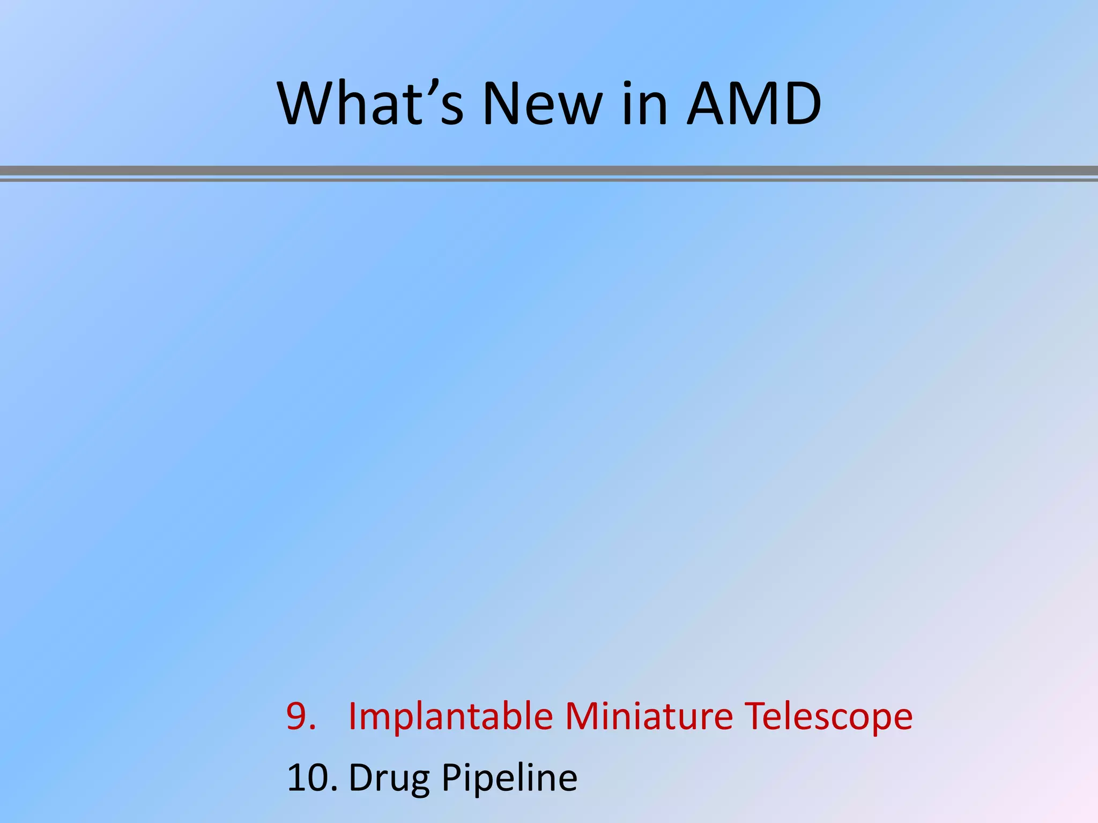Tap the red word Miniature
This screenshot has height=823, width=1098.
[x=649, y=716]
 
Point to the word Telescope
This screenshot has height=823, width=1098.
[x=828, y=716]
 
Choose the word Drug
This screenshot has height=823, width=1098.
[x=389, y=778]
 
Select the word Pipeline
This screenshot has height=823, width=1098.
[x=509, y=778]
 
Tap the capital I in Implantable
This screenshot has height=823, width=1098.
[x=353, y=716]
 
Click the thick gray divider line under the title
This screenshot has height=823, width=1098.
[x=549, y=171]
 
